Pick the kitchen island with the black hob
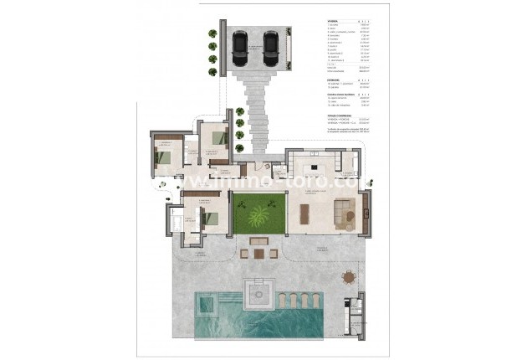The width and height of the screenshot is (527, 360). [317, 162]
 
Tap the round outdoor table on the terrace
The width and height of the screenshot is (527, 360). [347, 277]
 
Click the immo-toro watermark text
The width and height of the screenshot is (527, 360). [263, 179]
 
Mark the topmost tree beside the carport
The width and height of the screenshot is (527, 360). [212, 34]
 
